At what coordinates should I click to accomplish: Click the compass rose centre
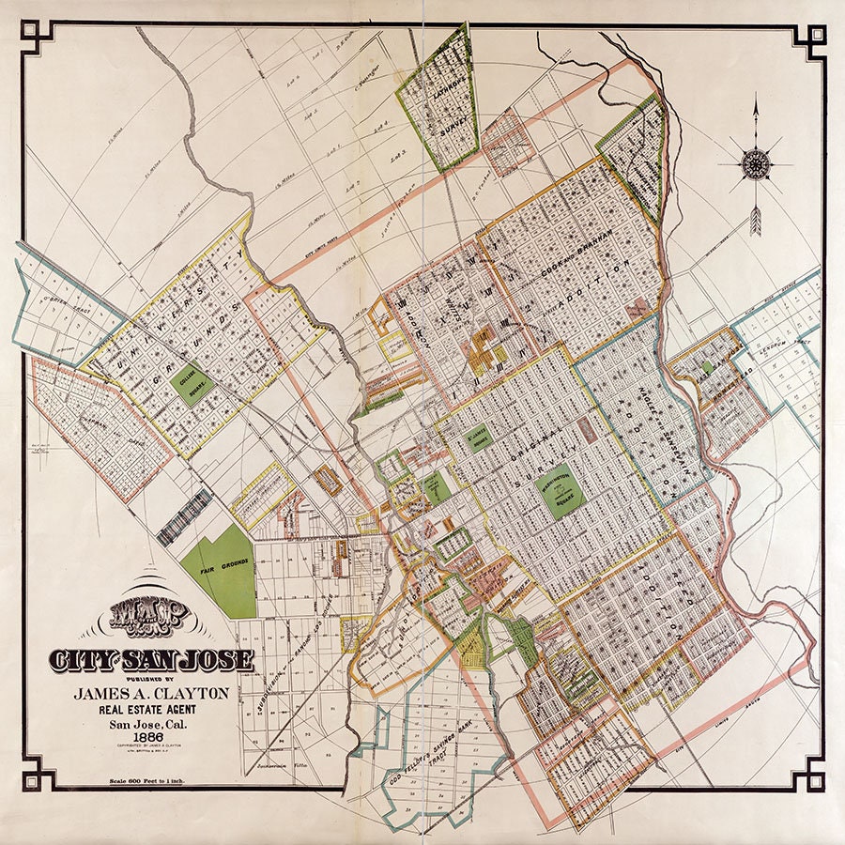pos(755,165)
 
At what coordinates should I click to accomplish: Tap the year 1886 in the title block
pos(142,735)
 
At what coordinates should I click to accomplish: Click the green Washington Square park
pos(561,495)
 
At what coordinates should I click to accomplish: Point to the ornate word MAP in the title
pos(150,616)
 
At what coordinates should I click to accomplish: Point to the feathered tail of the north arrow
pos(755,221)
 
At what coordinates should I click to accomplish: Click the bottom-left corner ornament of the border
pos(37,774)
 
